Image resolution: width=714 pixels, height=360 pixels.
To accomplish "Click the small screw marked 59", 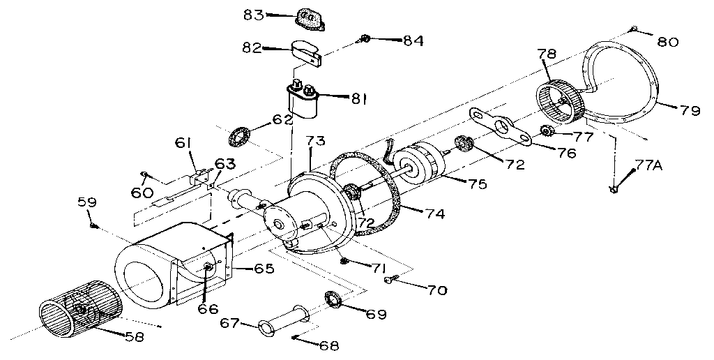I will coord(93,225).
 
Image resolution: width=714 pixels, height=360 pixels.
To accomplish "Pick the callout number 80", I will coord(667,42).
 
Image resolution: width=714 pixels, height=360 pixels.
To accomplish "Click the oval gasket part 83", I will coord(310,19).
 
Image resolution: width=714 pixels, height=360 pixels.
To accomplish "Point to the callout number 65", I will coord(264,268).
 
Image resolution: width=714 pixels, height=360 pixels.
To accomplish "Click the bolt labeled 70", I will coord(391,280).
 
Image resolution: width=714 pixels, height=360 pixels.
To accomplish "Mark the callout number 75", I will coord(477,184).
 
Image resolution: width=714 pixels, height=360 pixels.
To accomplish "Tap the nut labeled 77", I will coord(547,130).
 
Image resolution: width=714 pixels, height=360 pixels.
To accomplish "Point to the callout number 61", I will coord(183,144).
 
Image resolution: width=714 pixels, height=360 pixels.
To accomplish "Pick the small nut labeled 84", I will coord(365,40).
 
